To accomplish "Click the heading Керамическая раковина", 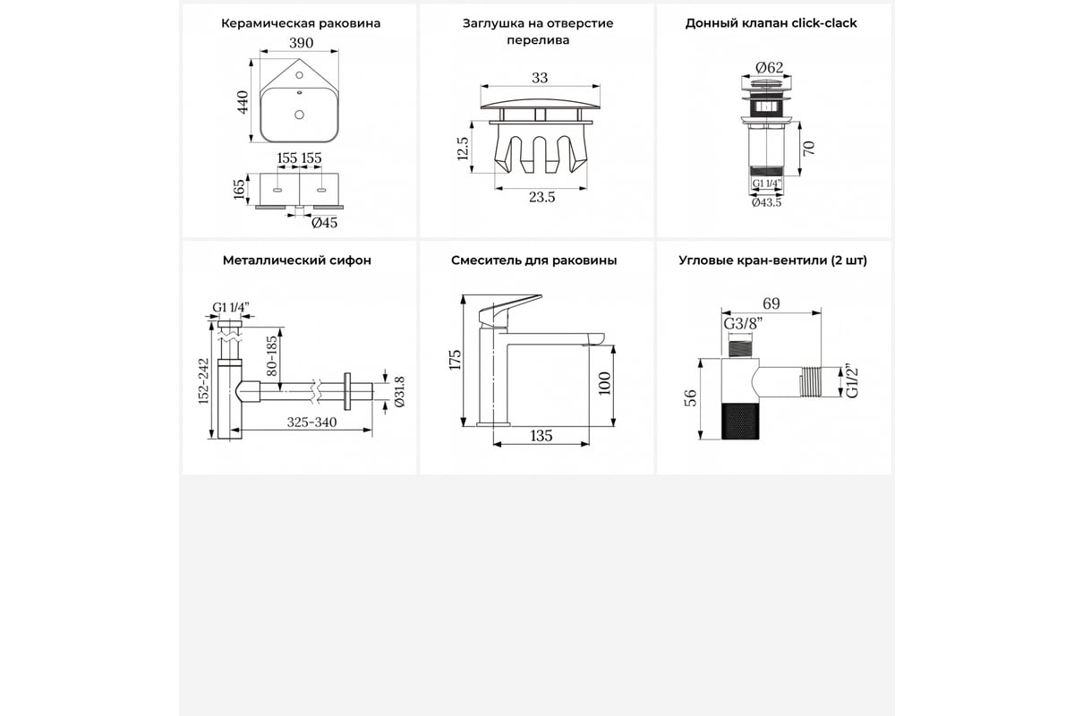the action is (x=301, y=23).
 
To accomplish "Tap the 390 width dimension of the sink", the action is (x=301, y=43).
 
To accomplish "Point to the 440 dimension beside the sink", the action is (x=243, y=102).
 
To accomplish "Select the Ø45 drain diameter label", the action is (x=325, y=223).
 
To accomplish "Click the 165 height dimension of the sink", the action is (x=239, y=190).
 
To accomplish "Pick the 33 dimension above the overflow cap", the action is (x=540, y=78).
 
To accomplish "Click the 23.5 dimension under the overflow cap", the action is (x=541, y=197).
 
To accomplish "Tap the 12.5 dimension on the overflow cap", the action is (x=462, y=149).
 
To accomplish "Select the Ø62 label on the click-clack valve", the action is (x=769, y=68).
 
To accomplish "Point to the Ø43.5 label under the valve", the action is (x=766, y=202).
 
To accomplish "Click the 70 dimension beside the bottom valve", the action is (x=809, y=149).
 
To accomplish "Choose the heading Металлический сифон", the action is (x=297, y=260).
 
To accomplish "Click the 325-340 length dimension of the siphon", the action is (x=311, y=422).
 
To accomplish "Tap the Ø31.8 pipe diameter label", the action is (x=399, y=392).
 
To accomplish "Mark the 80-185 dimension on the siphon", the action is (x=272, y=356).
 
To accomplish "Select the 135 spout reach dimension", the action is (x=541, y=436).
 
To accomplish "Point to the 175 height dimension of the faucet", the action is (x=455, y=360).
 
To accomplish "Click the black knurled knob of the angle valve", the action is (x=740, y=422).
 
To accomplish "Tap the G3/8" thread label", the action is (x=743, y=324).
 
